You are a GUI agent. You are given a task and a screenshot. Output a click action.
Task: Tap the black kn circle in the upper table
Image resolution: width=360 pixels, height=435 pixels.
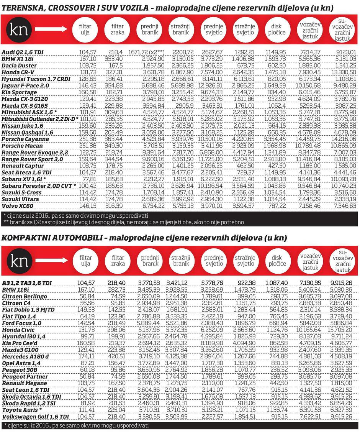pos(18,30)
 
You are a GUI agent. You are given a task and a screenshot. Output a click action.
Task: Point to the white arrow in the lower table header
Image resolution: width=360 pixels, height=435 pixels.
pos(50,261)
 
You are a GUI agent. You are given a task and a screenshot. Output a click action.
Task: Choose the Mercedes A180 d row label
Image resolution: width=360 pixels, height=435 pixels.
pos(25,357)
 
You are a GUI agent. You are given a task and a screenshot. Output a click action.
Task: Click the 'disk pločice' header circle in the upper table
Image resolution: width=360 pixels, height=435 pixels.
pos(276,30)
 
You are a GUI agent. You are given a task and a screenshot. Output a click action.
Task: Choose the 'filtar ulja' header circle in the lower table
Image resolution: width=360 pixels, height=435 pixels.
pos(85,261)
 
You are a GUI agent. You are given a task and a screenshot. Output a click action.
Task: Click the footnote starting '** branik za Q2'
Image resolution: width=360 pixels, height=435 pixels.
pos(123,222)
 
